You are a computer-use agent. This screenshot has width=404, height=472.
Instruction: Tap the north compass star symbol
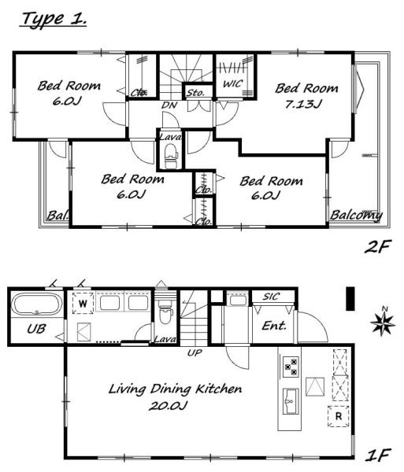(x=383, y=323)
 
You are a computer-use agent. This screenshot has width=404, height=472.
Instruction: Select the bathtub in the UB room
(x=37, y=304)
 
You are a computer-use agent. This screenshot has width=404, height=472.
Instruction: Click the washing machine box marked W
(x=83, y=304)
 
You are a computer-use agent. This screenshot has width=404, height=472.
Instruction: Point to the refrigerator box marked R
(x=339, y=416)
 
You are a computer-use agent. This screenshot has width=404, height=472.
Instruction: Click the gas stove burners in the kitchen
(x=291, y=366)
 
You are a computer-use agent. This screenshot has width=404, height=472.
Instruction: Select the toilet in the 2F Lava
(x=171, y=156)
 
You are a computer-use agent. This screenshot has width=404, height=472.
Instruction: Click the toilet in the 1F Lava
(x=165, y=312)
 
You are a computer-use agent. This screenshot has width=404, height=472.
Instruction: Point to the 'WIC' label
(x=232, y=83)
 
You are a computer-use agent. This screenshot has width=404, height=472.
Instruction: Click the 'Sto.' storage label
(x=195, y=92)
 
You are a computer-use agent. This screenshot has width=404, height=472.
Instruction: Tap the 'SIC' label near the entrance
(x=271, y=297)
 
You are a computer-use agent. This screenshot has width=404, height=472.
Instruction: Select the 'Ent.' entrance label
(x=274, y=326)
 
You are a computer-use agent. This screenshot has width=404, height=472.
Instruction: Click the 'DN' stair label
(x=169, y=105)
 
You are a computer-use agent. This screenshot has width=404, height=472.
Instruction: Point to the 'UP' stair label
(x=195, y=352)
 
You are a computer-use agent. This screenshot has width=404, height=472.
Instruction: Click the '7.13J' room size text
(x=304, y=104)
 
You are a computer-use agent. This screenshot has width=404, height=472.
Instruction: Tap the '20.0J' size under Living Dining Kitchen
(x=168, y=405)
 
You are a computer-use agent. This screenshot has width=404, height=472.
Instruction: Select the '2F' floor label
(x=378, y=246)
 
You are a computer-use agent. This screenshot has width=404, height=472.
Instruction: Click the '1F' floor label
(x=378, y=455)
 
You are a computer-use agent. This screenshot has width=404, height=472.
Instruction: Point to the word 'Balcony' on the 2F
(x=356, y=216)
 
